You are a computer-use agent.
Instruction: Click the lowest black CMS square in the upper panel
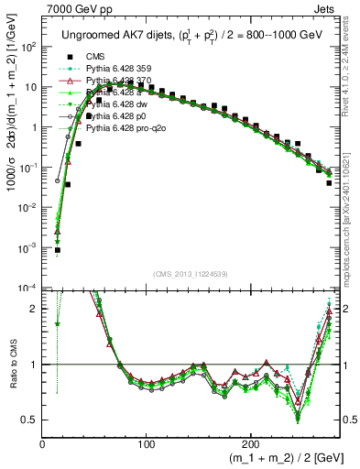tap(57, 249)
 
